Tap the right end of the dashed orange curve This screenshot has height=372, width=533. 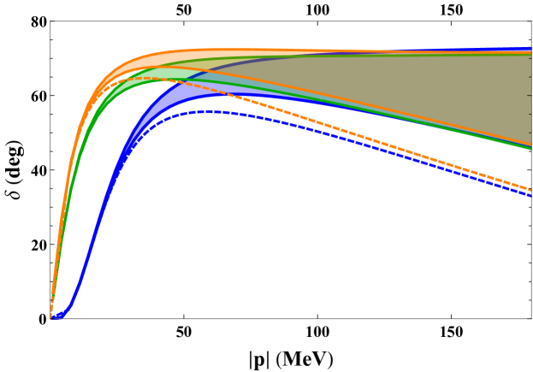(530, 189)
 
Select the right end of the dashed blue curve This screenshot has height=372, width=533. (530, 196)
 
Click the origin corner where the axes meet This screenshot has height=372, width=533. (50, 318)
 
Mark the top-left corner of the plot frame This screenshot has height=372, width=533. (50, 21)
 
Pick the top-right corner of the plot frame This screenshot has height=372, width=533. (530, 21)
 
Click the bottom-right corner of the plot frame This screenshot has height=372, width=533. (530, 318)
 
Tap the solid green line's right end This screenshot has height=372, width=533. (530, 149)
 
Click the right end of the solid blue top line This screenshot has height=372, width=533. (530, 49)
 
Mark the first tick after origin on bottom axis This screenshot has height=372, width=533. (184, 317)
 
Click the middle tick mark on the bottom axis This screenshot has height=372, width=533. (317, 317)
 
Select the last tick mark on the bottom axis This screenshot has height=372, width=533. (451, 317)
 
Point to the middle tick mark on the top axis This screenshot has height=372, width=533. (317, 22)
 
